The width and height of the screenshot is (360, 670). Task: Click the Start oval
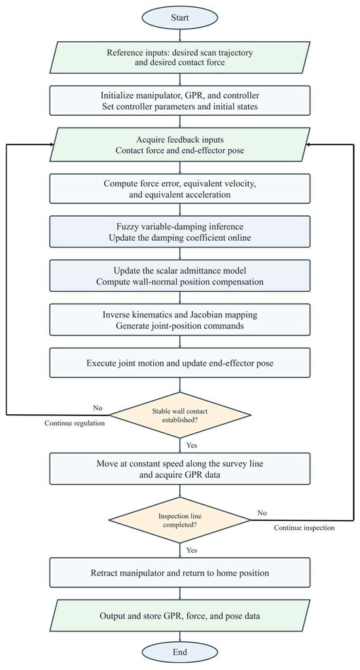179,18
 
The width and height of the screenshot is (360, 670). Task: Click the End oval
179,652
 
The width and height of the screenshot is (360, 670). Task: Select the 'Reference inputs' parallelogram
179,58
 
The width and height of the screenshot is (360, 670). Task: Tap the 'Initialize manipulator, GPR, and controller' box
179,101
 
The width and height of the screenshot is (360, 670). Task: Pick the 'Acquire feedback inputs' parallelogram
179,145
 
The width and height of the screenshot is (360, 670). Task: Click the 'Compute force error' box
179,188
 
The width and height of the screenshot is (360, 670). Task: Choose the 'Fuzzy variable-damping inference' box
179,232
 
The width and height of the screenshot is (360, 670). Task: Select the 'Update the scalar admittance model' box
179,276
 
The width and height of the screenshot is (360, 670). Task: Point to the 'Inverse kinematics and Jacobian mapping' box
179,319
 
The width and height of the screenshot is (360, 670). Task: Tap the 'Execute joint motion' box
179,363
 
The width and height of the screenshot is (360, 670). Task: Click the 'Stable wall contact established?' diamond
179,414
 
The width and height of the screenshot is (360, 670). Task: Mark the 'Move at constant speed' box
179,468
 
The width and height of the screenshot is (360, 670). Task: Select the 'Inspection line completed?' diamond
179,520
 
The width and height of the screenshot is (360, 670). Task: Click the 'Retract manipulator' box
179,573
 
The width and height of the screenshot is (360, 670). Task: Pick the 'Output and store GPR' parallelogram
179,616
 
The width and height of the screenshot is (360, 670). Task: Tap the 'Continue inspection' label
304,528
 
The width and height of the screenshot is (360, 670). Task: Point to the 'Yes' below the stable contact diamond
192,445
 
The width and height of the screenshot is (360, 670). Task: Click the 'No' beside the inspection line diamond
262,512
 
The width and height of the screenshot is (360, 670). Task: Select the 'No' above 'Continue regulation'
98,408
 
